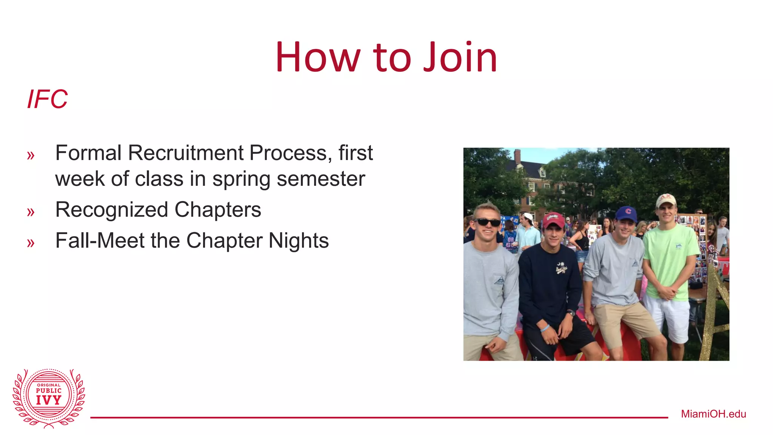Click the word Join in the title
[x=460, y=57]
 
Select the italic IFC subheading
[x=47, y=99]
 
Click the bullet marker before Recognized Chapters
[x=31, y=212]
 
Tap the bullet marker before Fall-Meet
[x=31, y=243]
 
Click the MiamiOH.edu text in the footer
[x=713, y=414]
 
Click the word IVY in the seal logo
[x=49, y=400]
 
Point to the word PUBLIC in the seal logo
[x=49, y=391]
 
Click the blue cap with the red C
[x=626, y=213]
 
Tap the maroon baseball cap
[x=553, y=220]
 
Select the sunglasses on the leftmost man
[x=487, y=222]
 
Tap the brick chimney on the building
[x=517, y=156]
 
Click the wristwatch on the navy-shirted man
[x=571, y=313]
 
